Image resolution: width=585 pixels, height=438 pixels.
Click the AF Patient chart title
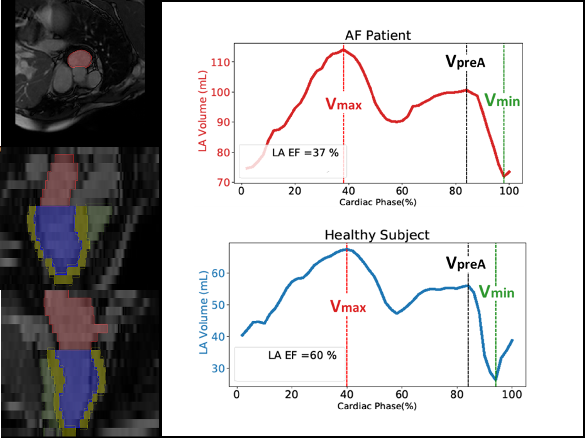tap(378, 35)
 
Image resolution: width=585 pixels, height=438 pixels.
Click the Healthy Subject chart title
tap(377, 235)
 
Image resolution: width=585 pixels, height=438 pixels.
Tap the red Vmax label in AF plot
tap(343, 104)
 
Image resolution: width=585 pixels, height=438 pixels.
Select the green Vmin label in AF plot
tap(502, 101)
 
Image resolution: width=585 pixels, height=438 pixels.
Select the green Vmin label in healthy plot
tap(496, 292)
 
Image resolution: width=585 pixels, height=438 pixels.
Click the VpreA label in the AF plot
tap(465, 62)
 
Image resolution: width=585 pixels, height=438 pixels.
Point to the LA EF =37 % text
tap(305, 153)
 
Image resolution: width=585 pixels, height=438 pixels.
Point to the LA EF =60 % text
tap(302, 355)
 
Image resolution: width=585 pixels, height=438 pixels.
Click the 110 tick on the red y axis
tap(220, 63)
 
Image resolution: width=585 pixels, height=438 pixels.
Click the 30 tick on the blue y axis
tap(218, 369)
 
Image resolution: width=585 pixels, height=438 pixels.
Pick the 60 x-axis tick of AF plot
tap(402, 191)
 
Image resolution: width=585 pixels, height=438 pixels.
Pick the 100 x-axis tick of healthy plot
tap(512, 395)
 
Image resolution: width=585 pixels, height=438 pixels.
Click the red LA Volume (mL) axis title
tap(202, 111)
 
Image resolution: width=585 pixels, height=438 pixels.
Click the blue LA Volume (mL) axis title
tap(203, 312)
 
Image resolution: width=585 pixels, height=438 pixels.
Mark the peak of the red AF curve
tap(343, 50)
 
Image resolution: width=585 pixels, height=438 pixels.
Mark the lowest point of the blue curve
tap(496, 380)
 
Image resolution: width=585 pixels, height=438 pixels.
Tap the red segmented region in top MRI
tap(79, 59)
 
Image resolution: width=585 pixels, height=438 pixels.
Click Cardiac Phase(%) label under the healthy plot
tap(377, 406)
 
